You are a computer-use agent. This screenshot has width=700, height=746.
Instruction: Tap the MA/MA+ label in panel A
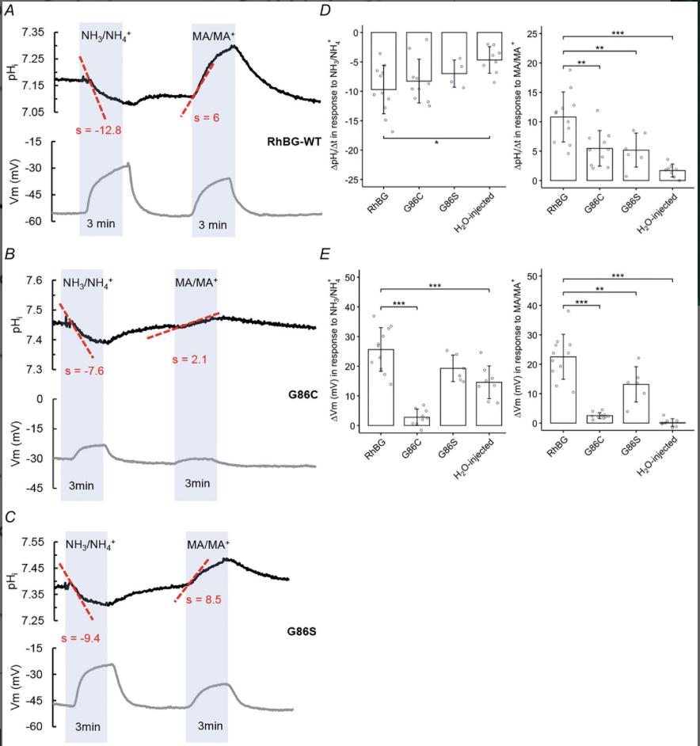tap(214, 35)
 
